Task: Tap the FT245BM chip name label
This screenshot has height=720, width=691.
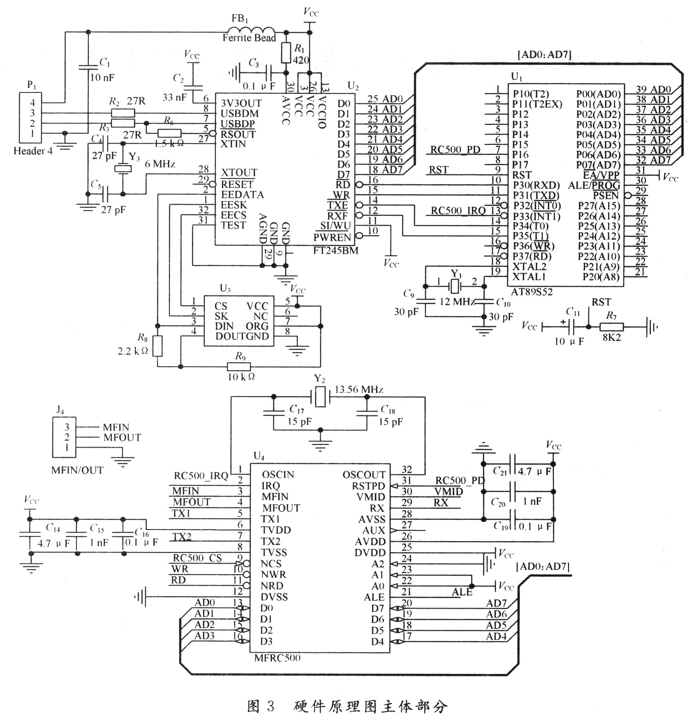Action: tap(335, 251)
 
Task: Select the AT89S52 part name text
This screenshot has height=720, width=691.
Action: tap(532, 292)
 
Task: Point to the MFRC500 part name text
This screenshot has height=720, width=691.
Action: tap(277, 658)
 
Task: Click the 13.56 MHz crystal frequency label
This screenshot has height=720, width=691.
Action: tap(359, 390)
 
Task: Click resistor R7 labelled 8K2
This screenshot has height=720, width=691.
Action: tap(611, 327)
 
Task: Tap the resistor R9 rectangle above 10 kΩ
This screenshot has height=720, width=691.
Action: tap(239, 366)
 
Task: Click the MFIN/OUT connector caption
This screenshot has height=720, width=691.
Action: tap(77, 470)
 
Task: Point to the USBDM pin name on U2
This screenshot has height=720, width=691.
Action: tap(239, 114)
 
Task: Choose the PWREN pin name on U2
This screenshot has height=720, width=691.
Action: tap(332, 237)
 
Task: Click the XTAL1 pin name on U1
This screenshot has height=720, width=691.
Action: tap(529, 276)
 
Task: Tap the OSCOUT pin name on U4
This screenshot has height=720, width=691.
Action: tap(364, 475)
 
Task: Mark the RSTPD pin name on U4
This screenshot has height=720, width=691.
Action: tap(368, 486)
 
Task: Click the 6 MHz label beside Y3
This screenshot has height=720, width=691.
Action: tap(160, 164)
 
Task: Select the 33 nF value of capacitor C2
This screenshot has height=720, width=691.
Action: tap(174, 98)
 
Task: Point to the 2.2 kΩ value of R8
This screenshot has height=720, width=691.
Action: tap(133, 351)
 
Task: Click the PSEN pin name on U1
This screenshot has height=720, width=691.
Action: tap(605, 196)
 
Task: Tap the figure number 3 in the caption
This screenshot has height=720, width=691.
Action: tap(270, 706)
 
